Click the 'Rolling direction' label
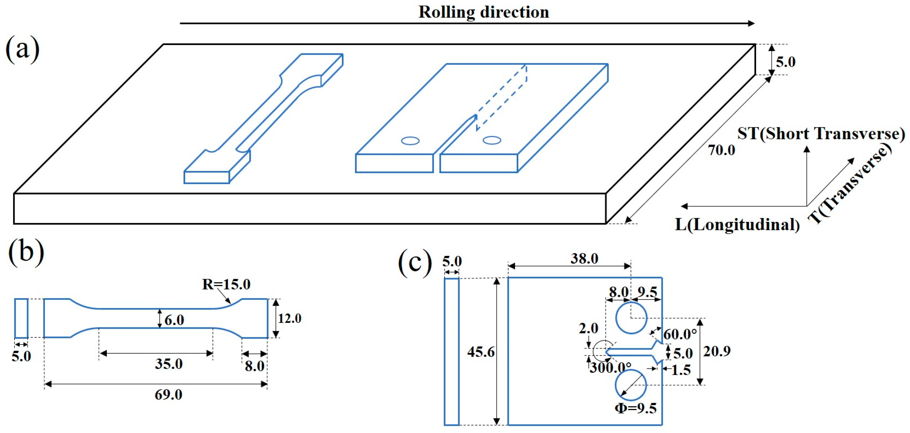tap(483, 12)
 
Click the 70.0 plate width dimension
tap(721, 150)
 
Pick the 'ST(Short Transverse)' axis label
tap(821, 134)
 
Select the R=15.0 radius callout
tap(226, 284)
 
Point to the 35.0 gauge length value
tap(169, 364)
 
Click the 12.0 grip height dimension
tap(289, 319)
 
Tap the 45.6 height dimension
tap(480, 352)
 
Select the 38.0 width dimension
tap(584, 259)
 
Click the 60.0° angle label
tap(680, 334)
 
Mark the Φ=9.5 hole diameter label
tap(636, 408)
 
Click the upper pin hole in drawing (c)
tap(631, 318)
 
